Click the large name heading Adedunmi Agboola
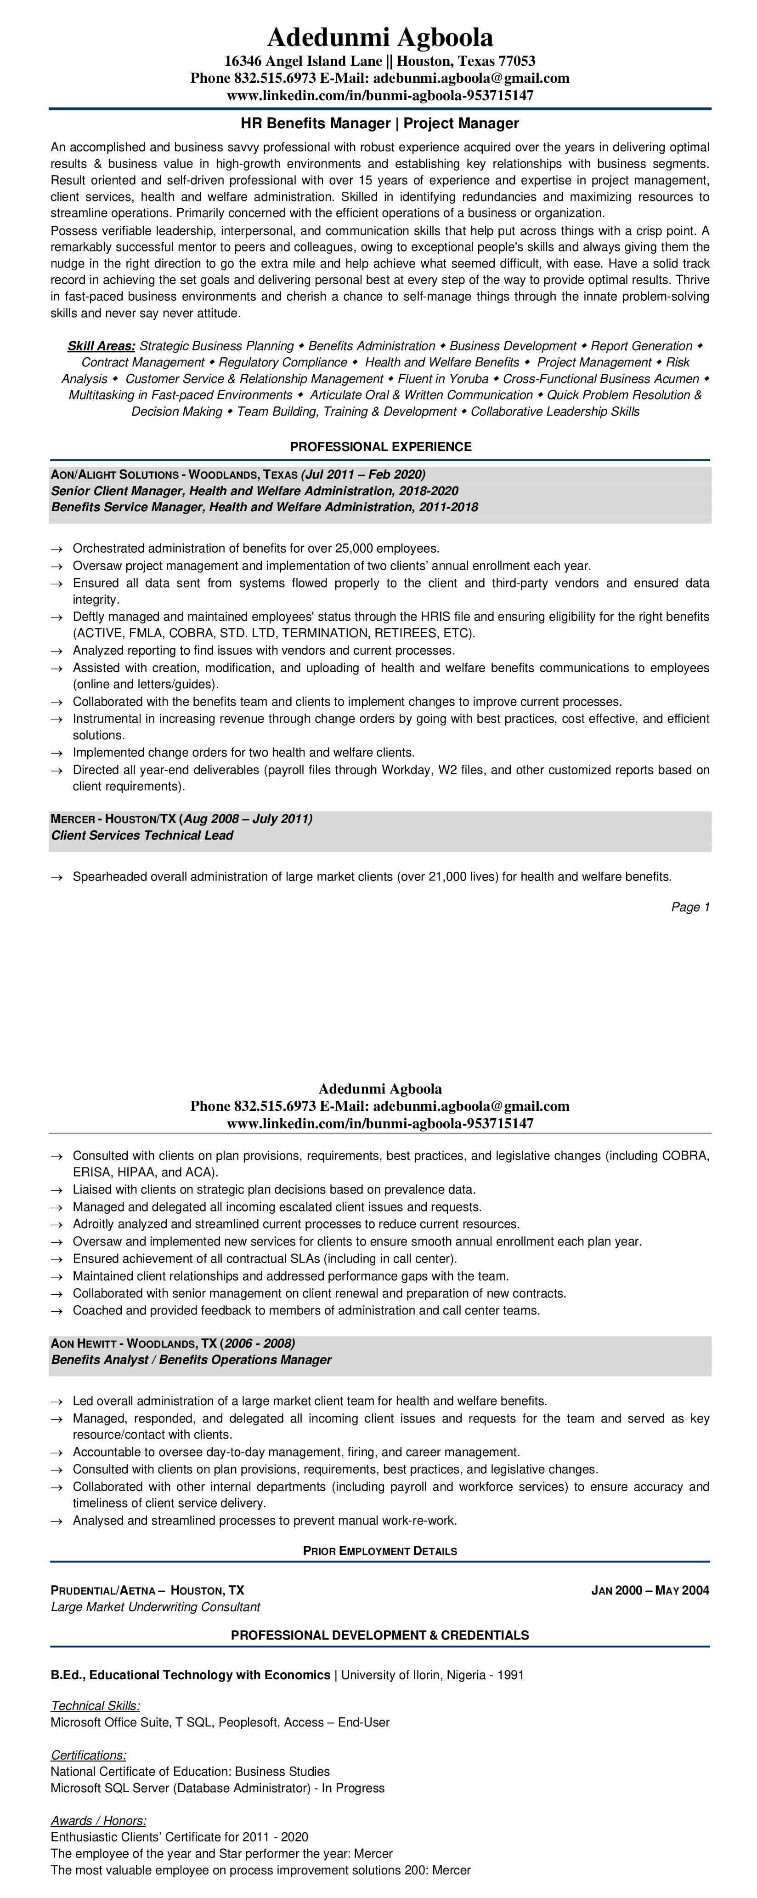point(379,37)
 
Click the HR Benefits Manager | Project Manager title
point(379,124)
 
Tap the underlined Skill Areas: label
point(101,346)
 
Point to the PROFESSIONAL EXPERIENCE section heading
point(380,446)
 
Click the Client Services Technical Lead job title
point(142,835)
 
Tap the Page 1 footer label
point(690,907)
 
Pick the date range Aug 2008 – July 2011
point(248,818)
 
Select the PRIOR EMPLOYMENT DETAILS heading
point(380,1551)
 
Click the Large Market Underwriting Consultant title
point(155,1607)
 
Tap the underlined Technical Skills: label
point(95,1706)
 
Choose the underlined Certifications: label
point(88,1755)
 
